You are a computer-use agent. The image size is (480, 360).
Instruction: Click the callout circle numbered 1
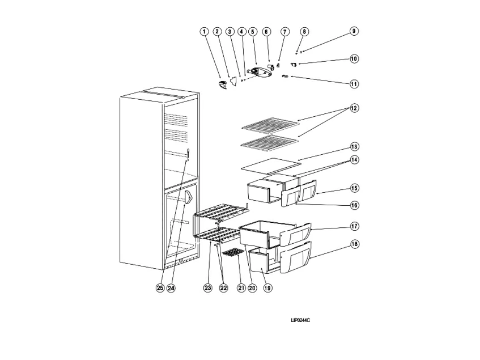204,32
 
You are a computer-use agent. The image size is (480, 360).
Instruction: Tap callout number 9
354,32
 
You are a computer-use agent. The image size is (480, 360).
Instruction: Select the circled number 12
354,108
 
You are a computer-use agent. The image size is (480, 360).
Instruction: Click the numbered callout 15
354,188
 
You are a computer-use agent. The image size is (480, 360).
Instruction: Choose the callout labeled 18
354,244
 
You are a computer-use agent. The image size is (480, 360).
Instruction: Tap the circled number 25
160,287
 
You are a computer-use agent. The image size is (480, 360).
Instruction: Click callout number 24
171,287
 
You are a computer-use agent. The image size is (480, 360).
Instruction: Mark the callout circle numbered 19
267,287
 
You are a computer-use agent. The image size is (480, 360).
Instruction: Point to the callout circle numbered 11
354,83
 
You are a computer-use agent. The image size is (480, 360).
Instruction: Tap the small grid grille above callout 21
233,255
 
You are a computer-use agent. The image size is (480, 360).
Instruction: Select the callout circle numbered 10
354,58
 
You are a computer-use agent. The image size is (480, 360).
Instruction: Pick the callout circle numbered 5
252,32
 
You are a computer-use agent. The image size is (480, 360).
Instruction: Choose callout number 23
207,287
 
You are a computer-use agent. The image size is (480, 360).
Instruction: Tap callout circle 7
284,32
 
